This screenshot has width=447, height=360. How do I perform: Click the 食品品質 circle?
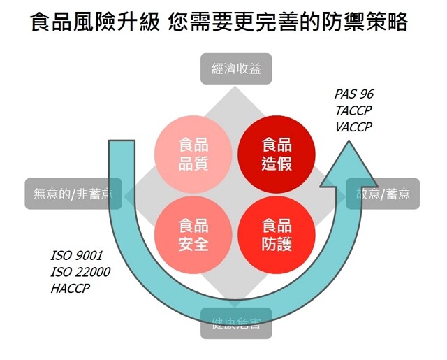pos(184,154)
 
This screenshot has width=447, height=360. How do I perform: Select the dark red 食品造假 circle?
pos(265,154)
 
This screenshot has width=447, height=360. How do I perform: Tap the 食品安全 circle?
pos(184,235)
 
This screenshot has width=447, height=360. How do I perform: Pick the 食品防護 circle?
pos(265,235)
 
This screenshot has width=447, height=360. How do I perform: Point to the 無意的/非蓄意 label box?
pos(74,193)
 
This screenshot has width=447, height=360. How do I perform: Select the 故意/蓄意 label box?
pos(383,193)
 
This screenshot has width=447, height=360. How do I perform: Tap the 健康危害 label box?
pos(236,323)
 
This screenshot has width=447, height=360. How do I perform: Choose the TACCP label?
pos(353,110)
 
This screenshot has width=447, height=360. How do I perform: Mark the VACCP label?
pos(353,127)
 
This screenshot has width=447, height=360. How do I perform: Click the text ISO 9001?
pos(76,255)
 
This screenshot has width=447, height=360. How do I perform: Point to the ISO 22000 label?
pos(80,271)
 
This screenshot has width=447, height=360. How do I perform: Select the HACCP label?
pos(71,287)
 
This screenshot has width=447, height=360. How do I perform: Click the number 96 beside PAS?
pos(368,94)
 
